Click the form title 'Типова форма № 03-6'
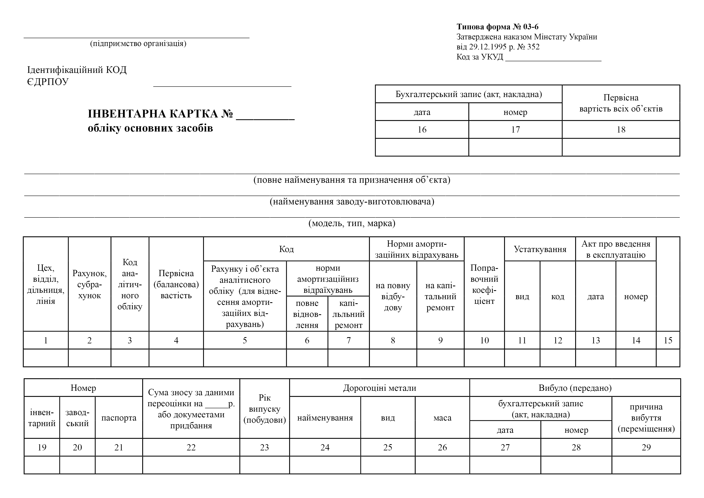click(x=497, y=27)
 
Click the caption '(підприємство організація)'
click(x=138, y=44)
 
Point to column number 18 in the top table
click(x=621, y=130)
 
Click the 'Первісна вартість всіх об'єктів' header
click(x=621, y=103)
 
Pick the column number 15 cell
click(x=668, y=340)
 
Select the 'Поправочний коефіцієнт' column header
click(x=484, y=284)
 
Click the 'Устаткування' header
click(x=540, y=249)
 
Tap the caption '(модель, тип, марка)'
click(x=352, y=223)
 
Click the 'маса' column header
click(x=442, y=418)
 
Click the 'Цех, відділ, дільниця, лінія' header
click(x=46, y=284)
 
